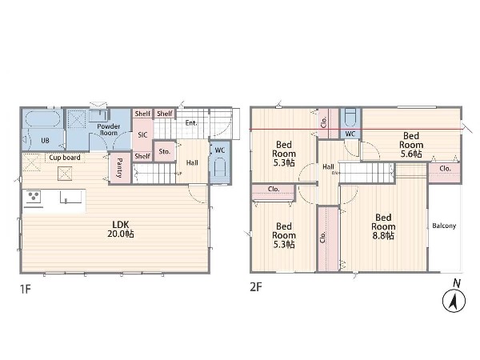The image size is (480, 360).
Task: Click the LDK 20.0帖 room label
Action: pyautogui.click(x=121, y=229)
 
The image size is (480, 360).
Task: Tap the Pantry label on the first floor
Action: pyautogui.click(x=120, y=168)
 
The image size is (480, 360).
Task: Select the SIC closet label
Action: pyautogui.click(x=142, y=135)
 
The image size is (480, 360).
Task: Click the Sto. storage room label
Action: pyautogui.click(x=165, y=151)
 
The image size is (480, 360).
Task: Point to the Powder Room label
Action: pyautogui.click(x=109, y=130)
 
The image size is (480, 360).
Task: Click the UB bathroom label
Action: pyautogui.click(x=45, y=141)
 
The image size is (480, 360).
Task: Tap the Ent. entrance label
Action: pyautogui.click(x=191, y=123)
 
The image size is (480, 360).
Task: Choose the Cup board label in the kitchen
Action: pyautogui.click(x=65, y=158)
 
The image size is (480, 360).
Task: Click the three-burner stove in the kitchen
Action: pyautogui.click(x=33, y=197)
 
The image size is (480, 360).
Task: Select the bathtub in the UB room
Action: pyautogui.click(x=42, y=118)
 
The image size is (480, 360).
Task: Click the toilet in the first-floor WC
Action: pyautogui.click(x=220, y=167)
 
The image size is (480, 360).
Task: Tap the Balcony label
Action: pyautogui.click(x=444, y=226)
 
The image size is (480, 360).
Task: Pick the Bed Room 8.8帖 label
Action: pyautogui.click(x=383, y=227)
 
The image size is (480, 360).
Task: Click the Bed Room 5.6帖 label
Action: pyautogui.click(x=411, y=145)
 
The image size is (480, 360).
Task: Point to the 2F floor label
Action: pyautogui.click(x=256, y=287)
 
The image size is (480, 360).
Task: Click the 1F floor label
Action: pyautogui.click(x=26, y=289)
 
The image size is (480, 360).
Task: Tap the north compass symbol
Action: pyautogui.click(x=454, y=301)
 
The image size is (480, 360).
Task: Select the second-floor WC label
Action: pyautogui.click(x=350, y=134)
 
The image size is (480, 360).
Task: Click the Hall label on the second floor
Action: pyautogui.click(x=328, y=167)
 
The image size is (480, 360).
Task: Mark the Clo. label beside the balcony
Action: pyautogui.click(x=445, y=169)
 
